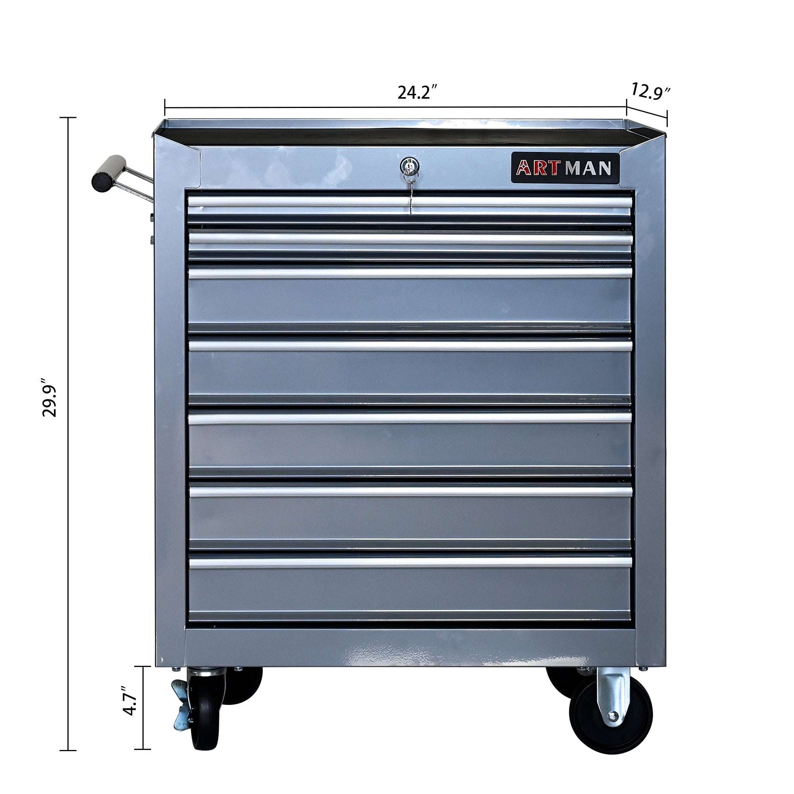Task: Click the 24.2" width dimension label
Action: [x=416, y=93]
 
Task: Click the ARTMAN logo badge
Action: [x=565, y=168]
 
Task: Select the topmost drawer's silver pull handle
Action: [x=410, y=202]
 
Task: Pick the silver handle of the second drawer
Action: [x=410, y=239]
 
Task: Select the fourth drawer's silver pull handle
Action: [x=410, y=346]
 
